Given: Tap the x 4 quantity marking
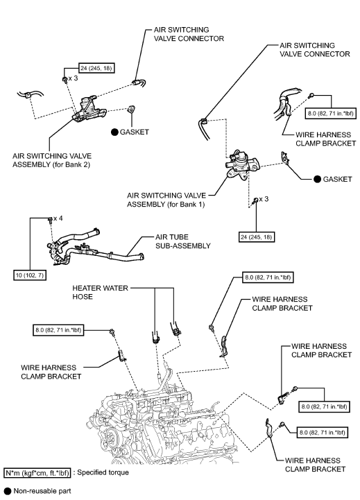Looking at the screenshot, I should (58, 218).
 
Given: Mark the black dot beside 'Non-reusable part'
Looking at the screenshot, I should (7, 491).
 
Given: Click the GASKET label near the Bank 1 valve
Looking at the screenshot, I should (332, 179).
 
